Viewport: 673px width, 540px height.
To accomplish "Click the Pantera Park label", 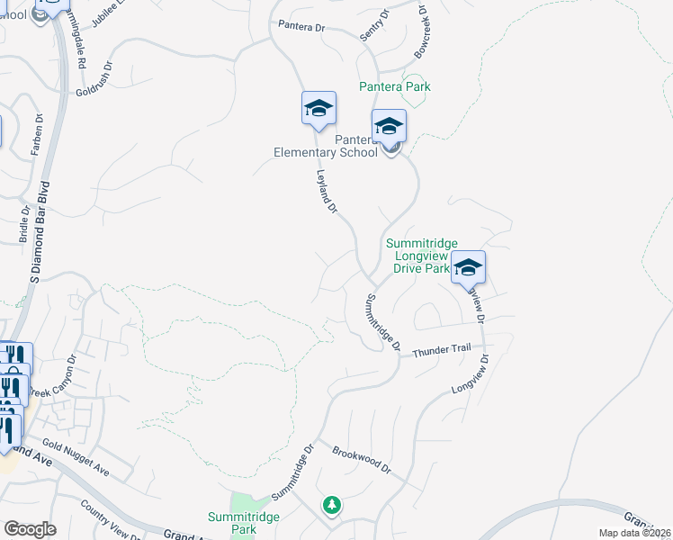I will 395,86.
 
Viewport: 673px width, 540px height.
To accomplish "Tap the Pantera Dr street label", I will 301,27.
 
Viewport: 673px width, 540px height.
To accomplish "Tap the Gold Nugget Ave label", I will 76,459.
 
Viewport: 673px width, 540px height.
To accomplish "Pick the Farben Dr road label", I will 37,135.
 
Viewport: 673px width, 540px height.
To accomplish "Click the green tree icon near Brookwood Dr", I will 332,504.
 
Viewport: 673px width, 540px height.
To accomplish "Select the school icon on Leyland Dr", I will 318,109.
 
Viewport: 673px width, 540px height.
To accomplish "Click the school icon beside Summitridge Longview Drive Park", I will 468,267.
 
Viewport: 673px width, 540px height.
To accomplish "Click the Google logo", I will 30,529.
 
